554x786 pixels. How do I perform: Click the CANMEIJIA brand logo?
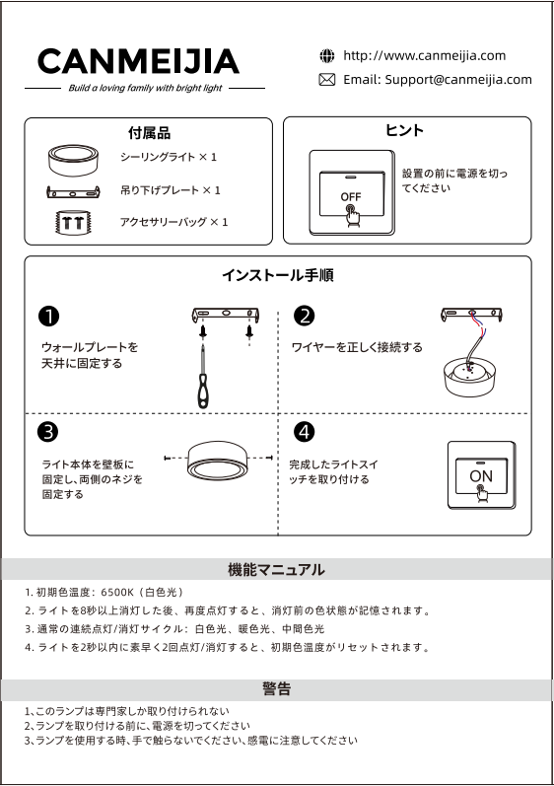coord(138,61)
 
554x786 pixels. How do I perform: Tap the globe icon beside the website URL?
coord(326,55)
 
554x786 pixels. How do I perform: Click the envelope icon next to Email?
coord(326,80)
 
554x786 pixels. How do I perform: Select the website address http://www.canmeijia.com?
coord(424,55)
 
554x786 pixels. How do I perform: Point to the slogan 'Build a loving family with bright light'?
coord(145,88)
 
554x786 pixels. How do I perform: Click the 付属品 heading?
coord(149,133)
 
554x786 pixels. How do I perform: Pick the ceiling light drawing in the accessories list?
coord(73,161)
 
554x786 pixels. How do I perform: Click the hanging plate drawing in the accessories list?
coord(73,191)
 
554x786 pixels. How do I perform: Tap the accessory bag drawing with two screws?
coord(73,222)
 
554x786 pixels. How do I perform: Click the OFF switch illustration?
coord(352,193)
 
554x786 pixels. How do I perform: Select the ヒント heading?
coord(405,130)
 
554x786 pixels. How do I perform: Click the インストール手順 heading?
coord(278,275)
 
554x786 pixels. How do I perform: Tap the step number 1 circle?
coord(48,317)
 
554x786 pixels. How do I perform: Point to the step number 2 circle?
coord(304,317)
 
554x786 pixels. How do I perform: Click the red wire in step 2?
coord(478,326)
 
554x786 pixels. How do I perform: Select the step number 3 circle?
coord(48,432)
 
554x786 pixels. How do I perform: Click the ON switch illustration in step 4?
coord(481,475)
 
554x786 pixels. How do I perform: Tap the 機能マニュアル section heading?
coord(276,569)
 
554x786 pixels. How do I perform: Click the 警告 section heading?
coord(276,688)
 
